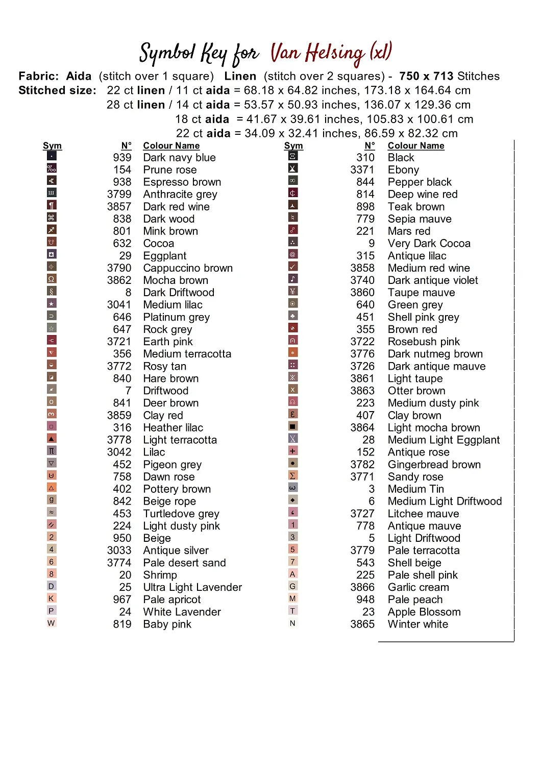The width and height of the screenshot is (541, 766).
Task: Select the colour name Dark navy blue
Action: click(x=179, y=157)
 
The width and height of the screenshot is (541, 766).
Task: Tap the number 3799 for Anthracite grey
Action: click(x=119, y=194)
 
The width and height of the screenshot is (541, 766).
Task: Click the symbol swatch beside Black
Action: click(x=292, y=156)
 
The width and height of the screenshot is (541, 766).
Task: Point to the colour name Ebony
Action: click(x=403, y=170)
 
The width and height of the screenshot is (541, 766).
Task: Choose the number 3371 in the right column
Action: click(x=362, y=170)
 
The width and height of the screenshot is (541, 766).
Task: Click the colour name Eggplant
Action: click(x=164, y=255)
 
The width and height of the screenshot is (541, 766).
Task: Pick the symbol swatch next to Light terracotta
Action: click(x=51, y=438)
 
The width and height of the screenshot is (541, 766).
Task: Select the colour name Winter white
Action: click(x=417, y=624)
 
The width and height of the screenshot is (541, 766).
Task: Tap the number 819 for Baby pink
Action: click(x=122, y=624)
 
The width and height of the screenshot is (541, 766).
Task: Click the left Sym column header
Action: click(x=52, y=146)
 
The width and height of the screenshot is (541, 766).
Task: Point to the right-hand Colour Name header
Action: click(x=415, y=146)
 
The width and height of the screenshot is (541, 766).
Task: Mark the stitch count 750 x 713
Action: click(x=426, y=76)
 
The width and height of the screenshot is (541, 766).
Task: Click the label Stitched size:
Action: click(x=57, y=90)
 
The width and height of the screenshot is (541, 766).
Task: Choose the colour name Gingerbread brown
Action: click(x=434, y=464)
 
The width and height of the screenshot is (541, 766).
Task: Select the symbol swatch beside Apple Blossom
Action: click(x=292, y=611)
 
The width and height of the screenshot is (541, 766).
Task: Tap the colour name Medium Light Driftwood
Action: click(x=445, y=501)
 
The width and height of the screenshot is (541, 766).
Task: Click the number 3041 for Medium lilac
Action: click(x=119, y=304)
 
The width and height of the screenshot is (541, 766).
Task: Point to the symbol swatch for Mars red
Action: click(x=292, y=230)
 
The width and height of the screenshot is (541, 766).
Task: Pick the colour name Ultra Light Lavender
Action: click(x=192, y=587)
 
